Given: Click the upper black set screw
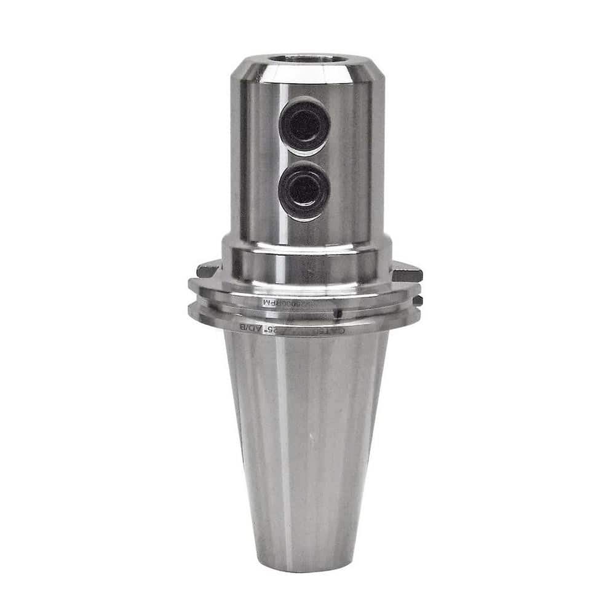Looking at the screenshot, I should pos(304,125).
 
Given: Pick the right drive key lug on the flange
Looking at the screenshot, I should pos(407,271).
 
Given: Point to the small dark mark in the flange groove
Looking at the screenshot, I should pos(336,314).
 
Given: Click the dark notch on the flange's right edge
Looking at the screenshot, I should pos(418,301).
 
